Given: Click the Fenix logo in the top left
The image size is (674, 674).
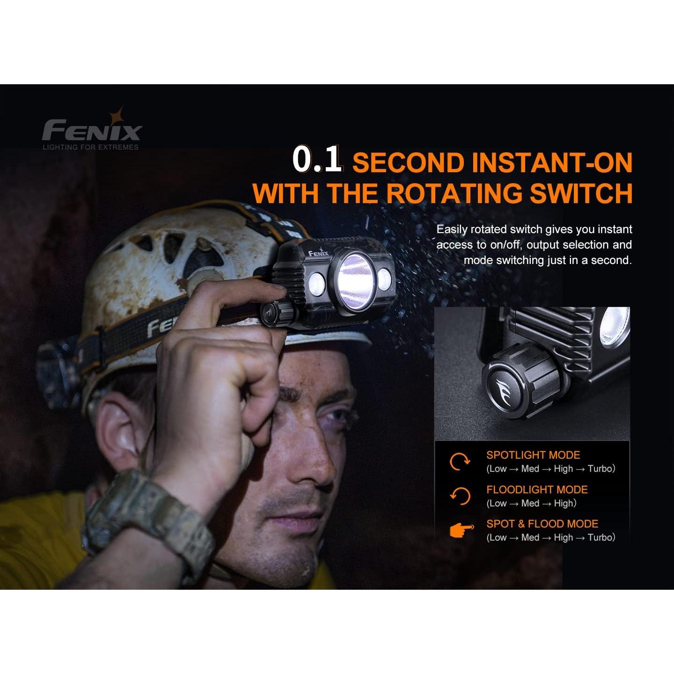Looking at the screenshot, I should (92, 130).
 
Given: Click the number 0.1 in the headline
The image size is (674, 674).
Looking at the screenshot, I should (318, 160).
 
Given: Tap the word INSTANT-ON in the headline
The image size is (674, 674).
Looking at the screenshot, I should (552, 162).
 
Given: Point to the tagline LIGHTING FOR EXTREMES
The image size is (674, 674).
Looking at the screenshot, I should (91, 147).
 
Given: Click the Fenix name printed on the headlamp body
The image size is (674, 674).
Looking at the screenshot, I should (318, 253).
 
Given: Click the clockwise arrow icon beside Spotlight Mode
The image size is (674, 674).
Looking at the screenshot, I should (459, 462).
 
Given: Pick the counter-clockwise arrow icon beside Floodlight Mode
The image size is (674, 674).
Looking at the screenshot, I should (460, 496).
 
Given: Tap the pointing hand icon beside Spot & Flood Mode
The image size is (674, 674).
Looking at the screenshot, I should (461, 531).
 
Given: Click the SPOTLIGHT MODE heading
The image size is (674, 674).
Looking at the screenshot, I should (533, 455).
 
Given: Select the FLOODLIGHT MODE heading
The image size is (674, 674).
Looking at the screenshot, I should (536, 490).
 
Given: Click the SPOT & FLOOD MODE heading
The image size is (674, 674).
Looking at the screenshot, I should (542, 524).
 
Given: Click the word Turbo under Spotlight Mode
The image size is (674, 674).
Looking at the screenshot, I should (601, 469).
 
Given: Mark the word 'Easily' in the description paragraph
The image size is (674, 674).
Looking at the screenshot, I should (452, 229).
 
